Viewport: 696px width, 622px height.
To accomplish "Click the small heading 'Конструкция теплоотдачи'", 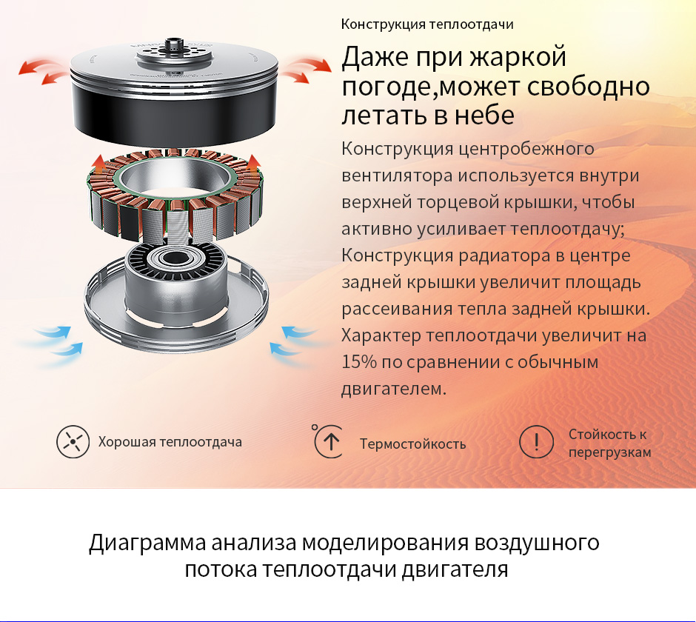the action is coord(427,24).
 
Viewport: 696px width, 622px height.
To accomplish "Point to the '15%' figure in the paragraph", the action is coord(358,362).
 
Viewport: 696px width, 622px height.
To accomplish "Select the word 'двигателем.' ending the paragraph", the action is coord(393,389).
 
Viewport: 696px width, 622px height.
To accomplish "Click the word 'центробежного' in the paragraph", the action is coord(526,149).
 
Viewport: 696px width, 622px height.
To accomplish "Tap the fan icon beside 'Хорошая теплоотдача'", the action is coord(73,441).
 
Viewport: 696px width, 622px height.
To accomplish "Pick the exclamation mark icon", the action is coord(536,441).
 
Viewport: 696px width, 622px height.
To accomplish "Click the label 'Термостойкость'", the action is coord(412,444).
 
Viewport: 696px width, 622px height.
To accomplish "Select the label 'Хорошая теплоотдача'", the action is coord(170,442).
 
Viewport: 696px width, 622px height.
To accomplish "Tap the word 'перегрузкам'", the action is coord(609,453).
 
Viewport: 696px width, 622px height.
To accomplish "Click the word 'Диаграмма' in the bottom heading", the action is coord(147,543).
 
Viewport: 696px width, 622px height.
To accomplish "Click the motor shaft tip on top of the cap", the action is coord(173,44).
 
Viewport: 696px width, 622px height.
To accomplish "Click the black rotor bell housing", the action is coord(174,111).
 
